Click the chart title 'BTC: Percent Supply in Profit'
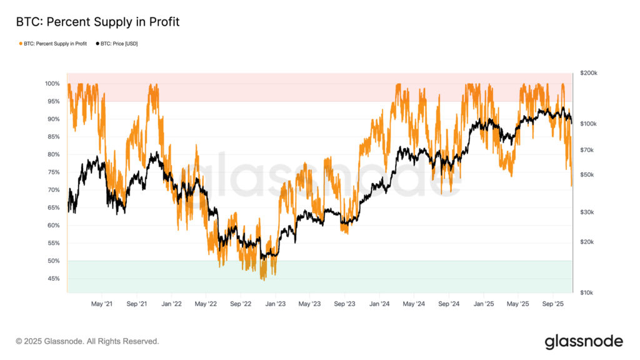(x=97, y=22)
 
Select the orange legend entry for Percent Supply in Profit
(x=55, y=43)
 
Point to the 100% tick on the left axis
(x=52, y=84)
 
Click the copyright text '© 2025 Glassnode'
(x=87, y=341)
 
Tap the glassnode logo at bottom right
(x=584, y=341)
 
